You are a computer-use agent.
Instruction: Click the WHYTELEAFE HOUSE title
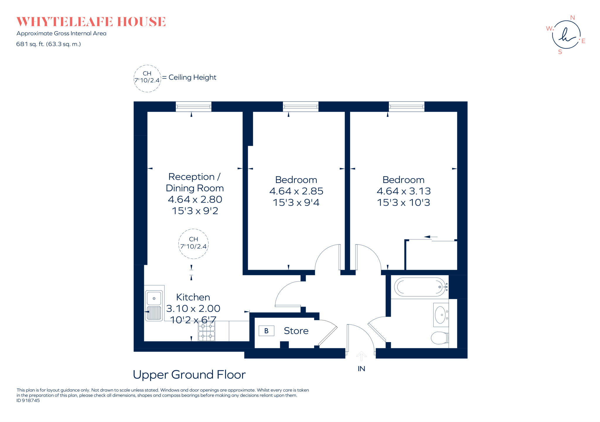click(91, 22)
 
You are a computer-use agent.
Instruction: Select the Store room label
click(296, 331)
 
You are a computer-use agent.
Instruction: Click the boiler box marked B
click(266, 331)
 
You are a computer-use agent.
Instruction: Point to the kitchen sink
click(154, 306)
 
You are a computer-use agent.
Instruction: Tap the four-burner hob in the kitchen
click(207, 331)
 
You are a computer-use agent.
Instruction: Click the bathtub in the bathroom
click(420, 287)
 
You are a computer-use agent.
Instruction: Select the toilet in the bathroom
click(440, 338)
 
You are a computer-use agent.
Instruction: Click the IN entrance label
click(361, 369)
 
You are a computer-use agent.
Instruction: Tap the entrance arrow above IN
click(361, 356)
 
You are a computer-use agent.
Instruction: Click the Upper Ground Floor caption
click(189, 375)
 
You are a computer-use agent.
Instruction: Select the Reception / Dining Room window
click(193, 107)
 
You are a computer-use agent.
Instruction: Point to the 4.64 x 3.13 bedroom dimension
click(404, 191)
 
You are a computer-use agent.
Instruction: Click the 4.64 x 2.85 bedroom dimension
click(296, 191)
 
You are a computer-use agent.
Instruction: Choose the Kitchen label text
click(193, 297)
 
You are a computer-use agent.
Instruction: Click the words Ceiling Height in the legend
click(192, 77)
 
